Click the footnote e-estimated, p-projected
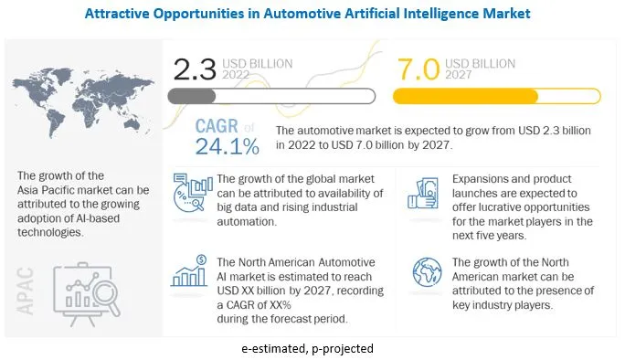tap(312, 348)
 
